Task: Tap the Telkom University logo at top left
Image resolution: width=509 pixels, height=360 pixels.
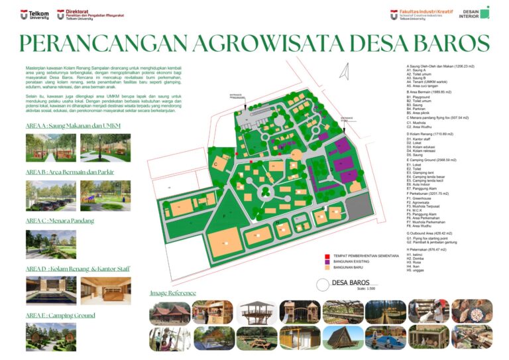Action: [34, 15]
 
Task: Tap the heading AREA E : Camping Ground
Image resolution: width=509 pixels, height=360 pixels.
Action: [60, 316]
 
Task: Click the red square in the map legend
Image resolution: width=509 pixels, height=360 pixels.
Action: [327, 255]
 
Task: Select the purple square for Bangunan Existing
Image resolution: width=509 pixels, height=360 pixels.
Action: [327, 263]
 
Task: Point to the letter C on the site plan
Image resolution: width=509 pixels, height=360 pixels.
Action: [215, 163]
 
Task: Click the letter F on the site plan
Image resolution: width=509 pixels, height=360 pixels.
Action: [225, 216]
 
